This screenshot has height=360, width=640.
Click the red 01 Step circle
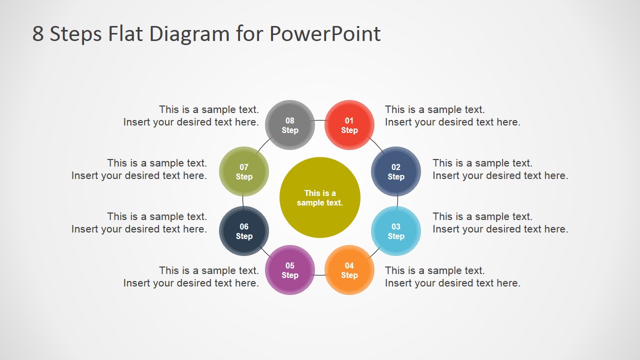(349, 125)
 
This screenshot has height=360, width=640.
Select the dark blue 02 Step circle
(396, 171)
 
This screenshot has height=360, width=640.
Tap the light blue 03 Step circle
(396, 231)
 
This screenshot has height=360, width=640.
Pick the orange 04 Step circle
(349, 270)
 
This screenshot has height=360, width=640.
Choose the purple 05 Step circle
(290, 270)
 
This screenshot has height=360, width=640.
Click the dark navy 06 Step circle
(244, 231)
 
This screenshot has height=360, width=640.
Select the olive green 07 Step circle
(244, 171)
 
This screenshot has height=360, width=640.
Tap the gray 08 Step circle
(290, 125)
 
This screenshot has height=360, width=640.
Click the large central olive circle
(320, 197)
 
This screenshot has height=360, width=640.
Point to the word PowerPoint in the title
(325, 34)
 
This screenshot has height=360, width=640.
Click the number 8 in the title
(38, 34)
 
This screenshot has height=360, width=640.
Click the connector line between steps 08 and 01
(320, 120)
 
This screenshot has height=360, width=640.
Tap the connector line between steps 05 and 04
(320, 275)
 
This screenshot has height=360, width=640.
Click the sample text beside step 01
(452, 115)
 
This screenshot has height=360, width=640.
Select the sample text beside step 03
(500, 222)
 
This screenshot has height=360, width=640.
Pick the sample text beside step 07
(139, 169)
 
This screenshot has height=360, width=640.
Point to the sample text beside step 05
(191, 276)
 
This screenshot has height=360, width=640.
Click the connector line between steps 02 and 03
(397, 201)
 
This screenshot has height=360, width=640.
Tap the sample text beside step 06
(139, 222)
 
